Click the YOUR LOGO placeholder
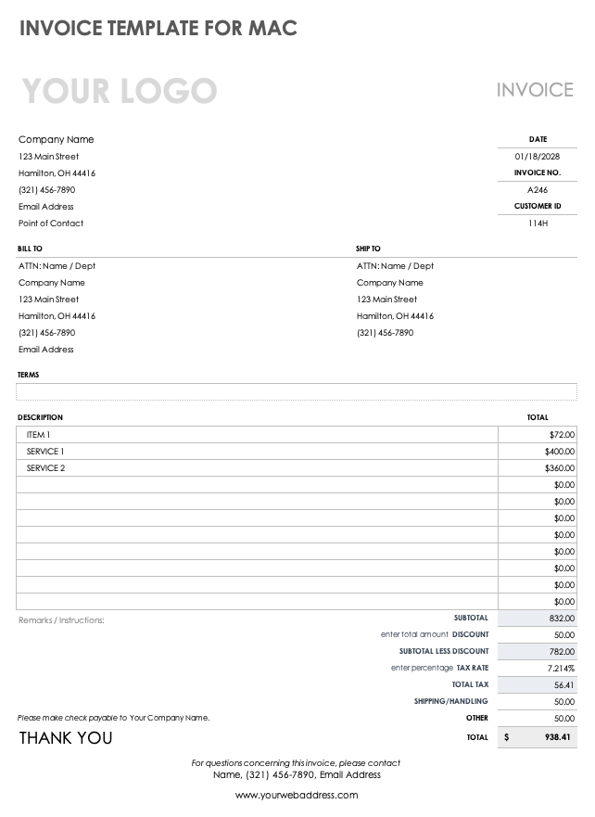(x=119, y=91)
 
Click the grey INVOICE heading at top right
(x=535, y=90)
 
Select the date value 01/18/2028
(x=538, y=157)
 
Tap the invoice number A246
(x=538, y=190)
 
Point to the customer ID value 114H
(x=538, y=223)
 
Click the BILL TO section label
(x=30, y=249)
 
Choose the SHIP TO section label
(x=368, y=249)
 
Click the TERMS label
(x=28, y=375)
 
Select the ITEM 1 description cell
(x=38, y=435)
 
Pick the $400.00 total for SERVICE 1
(x=560, y=452)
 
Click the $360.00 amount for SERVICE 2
(x=560, y=468)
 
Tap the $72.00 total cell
(x=562, y=435)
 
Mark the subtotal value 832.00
(x=562, y=619)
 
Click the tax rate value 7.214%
(x=560, y=669)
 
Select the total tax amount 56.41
(x=563, y=685)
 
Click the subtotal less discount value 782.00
(x=562, y=652)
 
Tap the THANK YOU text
(x=66, y=738)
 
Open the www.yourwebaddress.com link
(x=297, y=795)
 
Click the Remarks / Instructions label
(x=61, y=620)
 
